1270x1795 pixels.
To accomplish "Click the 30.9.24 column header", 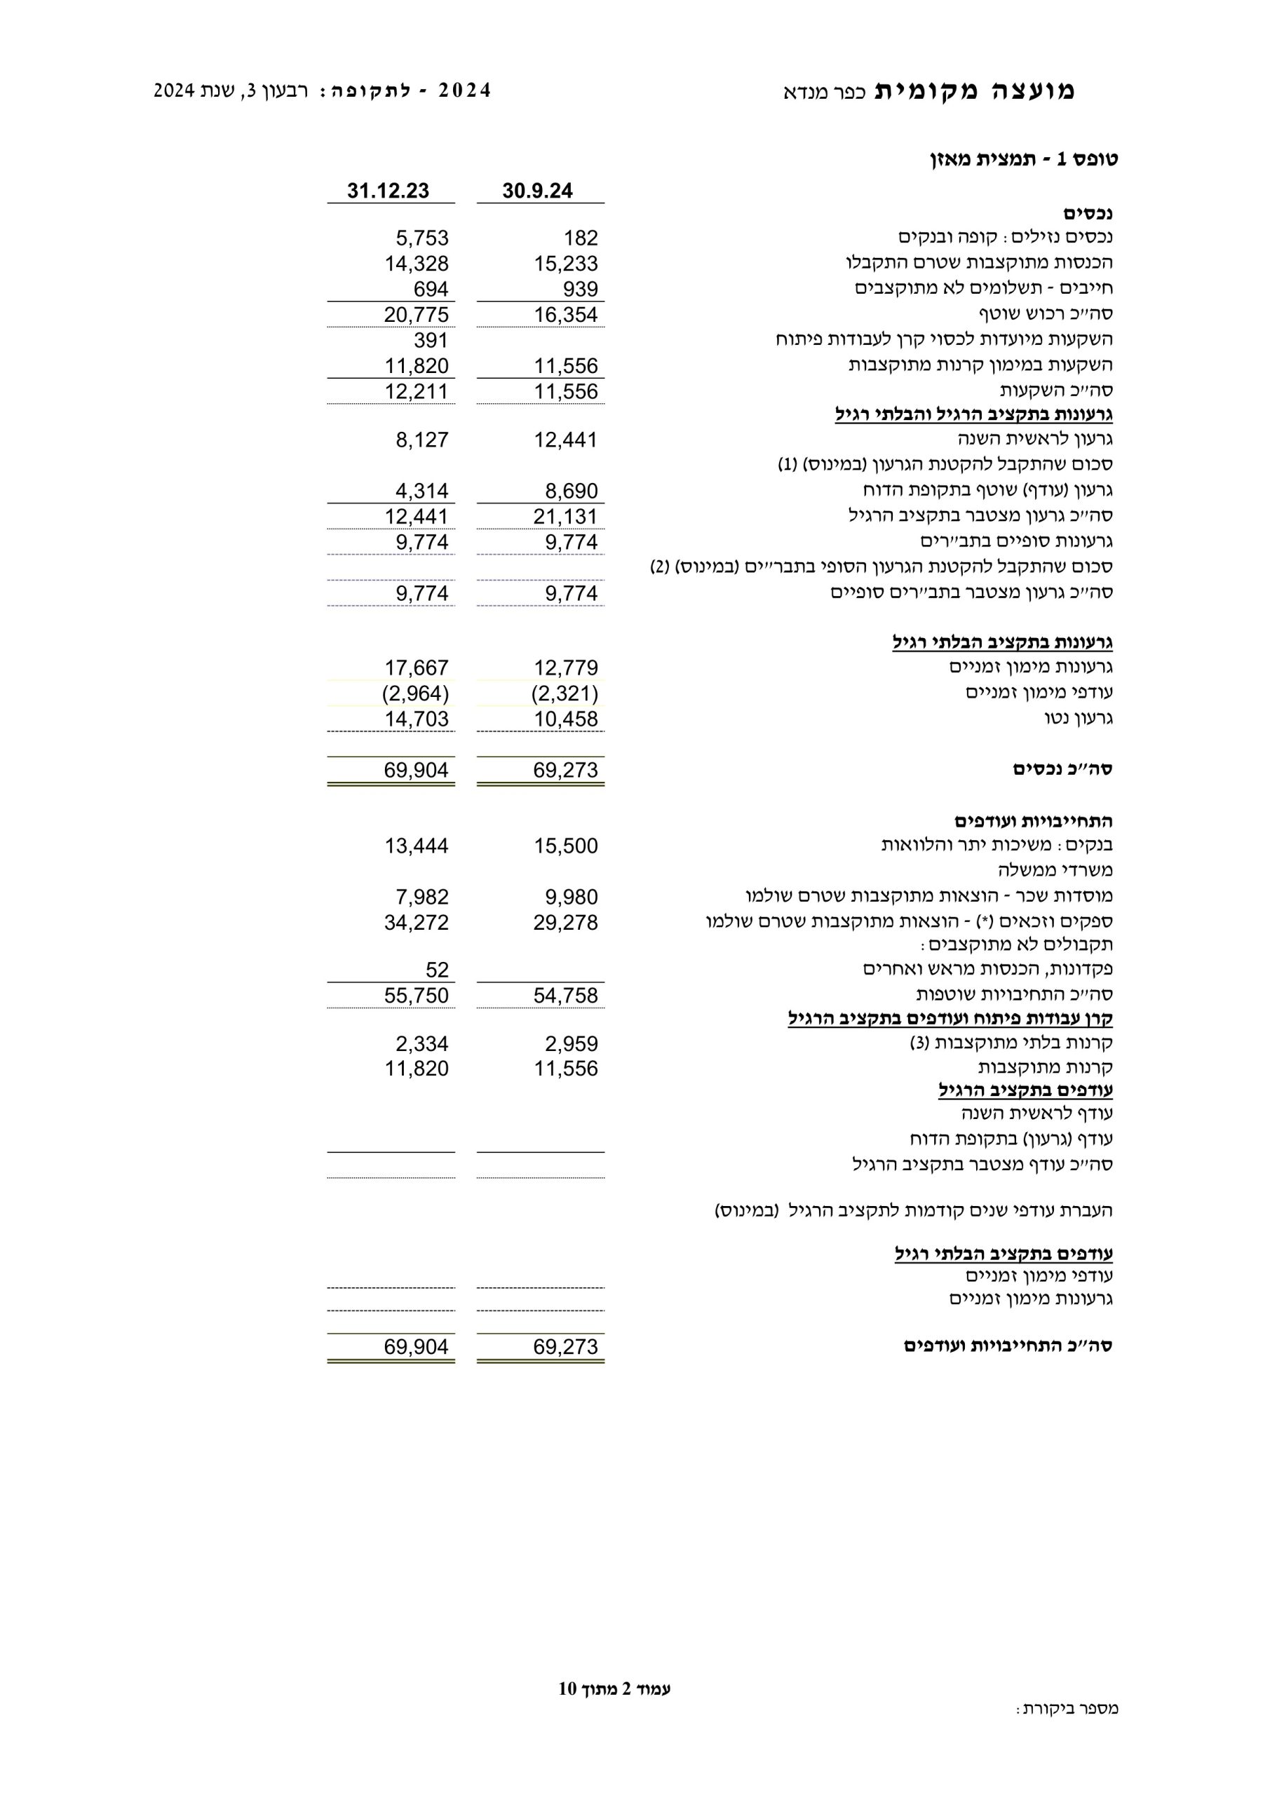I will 537,191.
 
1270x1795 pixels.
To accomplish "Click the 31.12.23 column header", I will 388,191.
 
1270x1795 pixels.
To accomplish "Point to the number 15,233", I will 565,264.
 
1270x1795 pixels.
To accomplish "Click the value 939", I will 580,290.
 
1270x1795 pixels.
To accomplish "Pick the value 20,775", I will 416,314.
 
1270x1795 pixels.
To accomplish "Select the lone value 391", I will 431,340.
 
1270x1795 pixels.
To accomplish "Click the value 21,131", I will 565,516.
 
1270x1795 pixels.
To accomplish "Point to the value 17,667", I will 416,668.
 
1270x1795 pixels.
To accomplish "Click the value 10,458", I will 565,719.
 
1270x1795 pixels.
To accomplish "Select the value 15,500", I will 565,845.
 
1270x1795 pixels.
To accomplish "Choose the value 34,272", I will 416,922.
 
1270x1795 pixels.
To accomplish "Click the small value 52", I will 437,970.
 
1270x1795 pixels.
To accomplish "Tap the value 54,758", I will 565,995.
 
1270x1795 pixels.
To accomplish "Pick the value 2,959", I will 571,1044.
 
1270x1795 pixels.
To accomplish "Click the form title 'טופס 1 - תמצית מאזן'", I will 1024,159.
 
